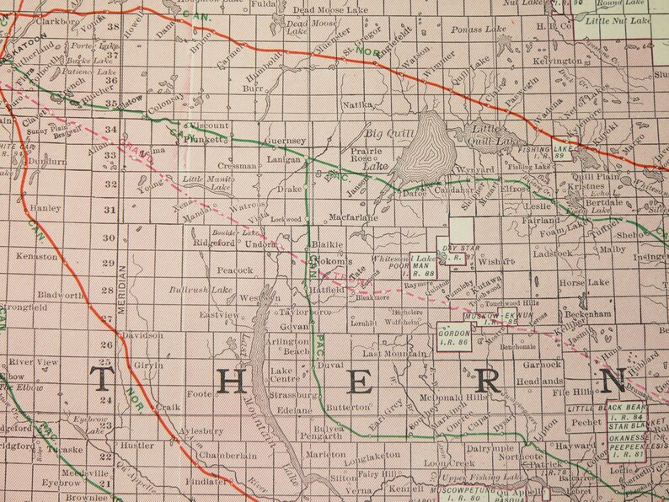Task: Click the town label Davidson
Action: (142, 334)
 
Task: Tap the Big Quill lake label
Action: (384, 132)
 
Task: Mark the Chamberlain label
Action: (227, 456)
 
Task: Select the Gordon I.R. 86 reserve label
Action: (453, 338)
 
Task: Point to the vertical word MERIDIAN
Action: (122, 290)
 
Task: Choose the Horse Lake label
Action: (582, 284)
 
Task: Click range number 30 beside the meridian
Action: (108, 238)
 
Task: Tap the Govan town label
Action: (292, 326)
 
